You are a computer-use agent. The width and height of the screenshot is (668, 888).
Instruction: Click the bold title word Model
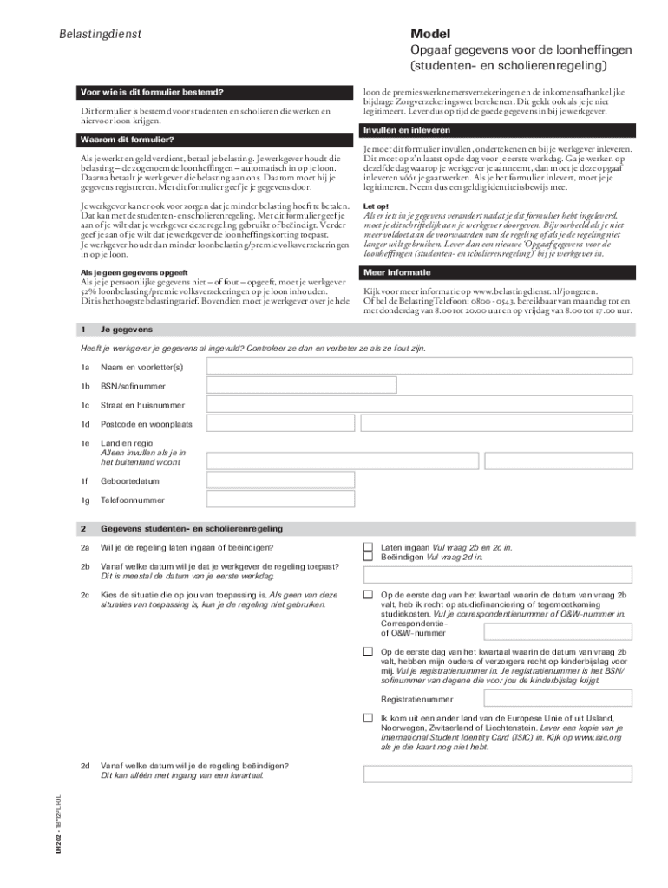click(x=431, y=32)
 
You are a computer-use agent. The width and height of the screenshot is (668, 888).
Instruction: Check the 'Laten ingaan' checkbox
click(x=368, y=547)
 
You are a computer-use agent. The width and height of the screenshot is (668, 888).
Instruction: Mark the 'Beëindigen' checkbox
click(x=368, y=558)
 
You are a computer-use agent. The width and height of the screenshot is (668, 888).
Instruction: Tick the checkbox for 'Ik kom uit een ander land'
click(x=368, y=719)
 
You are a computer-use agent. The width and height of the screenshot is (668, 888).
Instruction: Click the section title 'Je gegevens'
click(x=127, y=330)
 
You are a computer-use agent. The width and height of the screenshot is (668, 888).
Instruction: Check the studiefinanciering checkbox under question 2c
click(x=368, y=595)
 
